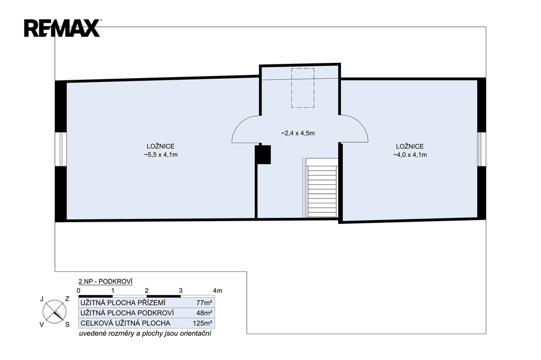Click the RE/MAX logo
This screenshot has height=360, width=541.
pyautogui.click(x=62, y=28)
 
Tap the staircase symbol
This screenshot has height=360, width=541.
pyautogui.click(x=322, y=188)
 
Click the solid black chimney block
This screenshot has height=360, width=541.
pyautogui.click(x=263, y=155)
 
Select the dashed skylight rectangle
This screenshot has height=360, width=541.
pyautogui.click(x=303, y=88)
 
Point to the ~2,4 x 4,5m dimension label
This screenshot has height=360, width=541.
pyautogui.click(x=297, y=133)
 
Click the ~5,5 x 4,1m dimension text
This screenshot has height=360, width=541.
pyautogui.click(x=161, y=155)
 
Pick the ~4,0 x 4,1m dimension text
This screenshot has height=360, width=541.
pyautogui.click(x=410, y=155)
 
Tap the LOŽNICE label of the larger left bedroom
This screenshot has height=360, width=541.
pyautogui.click(x=161, y=146)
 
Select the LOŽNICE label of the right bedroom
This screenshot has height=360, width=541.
pyautogui.click(x=410, y=146)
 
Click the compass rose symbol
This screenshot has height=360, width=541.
pyautogui.click(x=54, y=312)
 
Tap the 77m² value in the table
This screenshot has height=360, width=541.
pyautogui.click(x=204, y=303)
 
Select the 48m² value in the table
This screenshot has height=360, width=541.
pyautogui.click(x=204, y=313)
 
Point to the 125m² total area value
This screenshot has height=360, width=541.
pyautogui.click(x=202, y=323)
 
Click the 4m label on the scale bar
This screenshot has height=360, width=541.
pyautogui.click(x=218, y=290)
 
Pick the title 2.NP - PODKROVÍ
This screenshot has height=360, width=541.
pyautogui.click(x=106, y=281)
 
